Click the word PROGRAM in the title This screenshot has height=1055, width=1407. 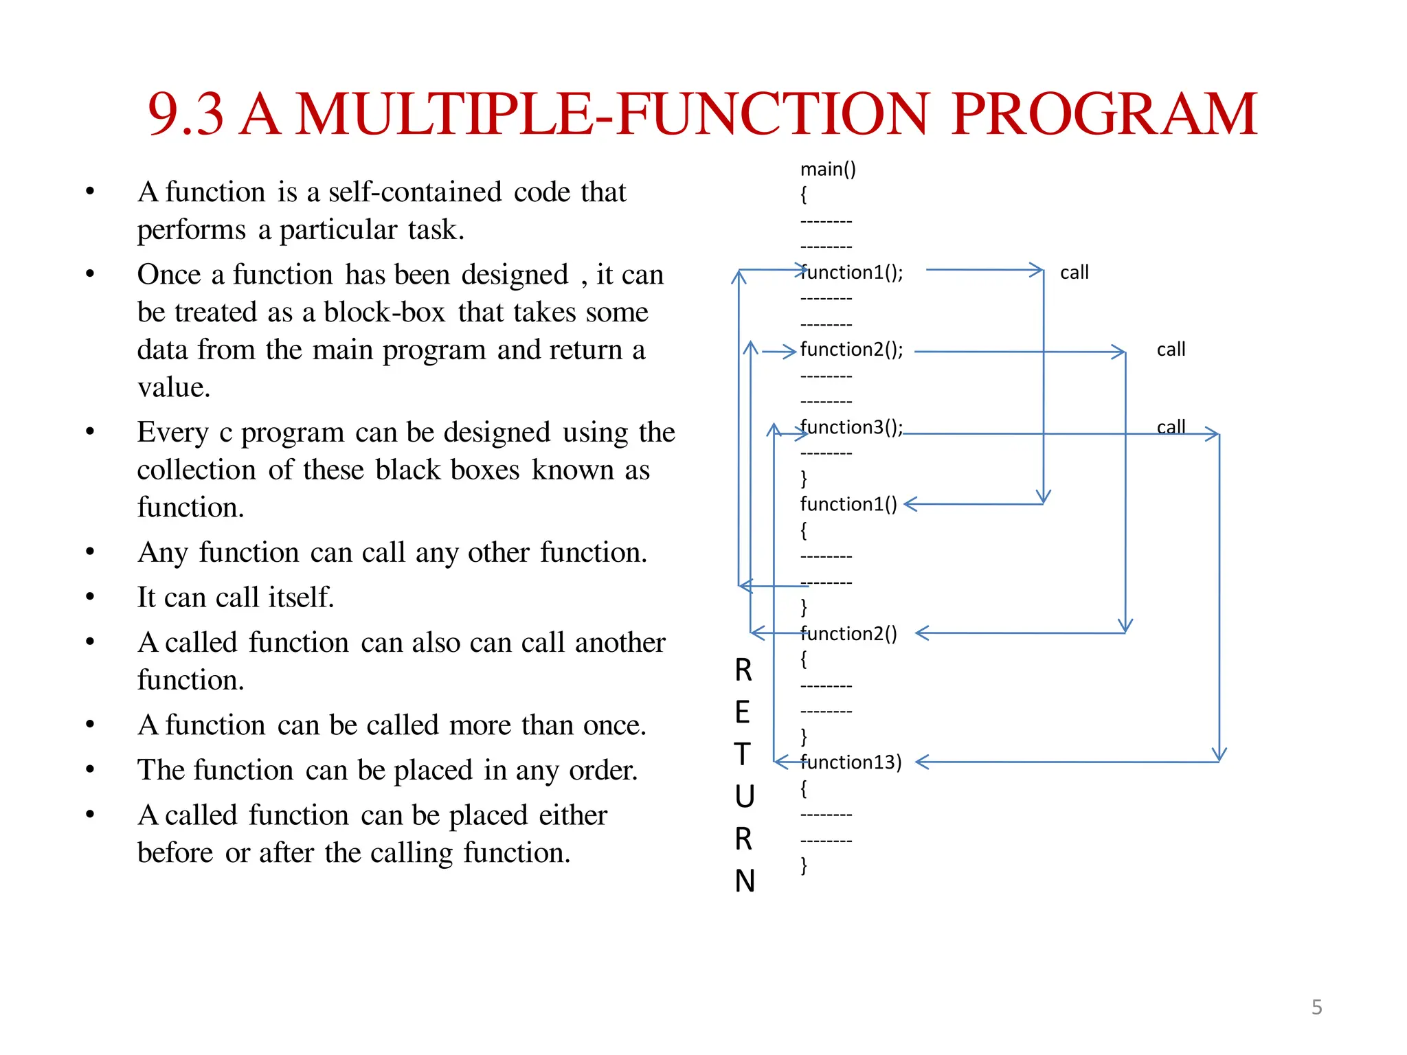(1104, 114)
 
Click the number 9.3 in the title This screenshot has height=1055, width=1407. (185, 114)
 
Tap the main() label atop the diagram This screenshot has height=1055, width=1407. (828, 169)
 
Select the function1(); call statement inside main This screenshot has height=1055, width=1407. (852, 273)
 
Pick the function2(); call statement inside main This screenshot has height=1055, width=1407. (852, 350)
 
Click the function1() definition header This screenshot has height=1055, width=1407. (848, 504)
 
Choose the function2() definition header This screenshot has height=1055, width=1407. (848, 633)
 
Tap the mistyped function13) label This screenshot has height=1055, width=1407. (851, 762)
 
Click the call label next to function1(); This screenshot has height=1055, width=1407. (1074, 273)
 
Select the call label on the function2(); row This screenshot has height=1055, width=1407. (1171, 350)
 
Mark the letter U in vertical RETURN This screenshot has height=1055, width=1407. (744, 797)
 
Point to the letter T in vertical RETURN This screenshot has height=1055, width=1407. (743, 754)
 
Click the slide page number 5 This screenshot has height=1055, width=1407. (1316, 1007)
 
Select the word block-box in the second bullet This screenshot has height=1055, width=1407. (385, 313)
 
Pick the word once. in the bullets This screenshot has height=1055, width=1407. (615, 725)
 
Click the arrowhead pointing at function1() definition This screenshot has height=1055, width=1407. (910, 504)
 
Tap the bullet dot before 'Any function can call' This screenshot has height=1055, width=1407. (90, 552)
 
